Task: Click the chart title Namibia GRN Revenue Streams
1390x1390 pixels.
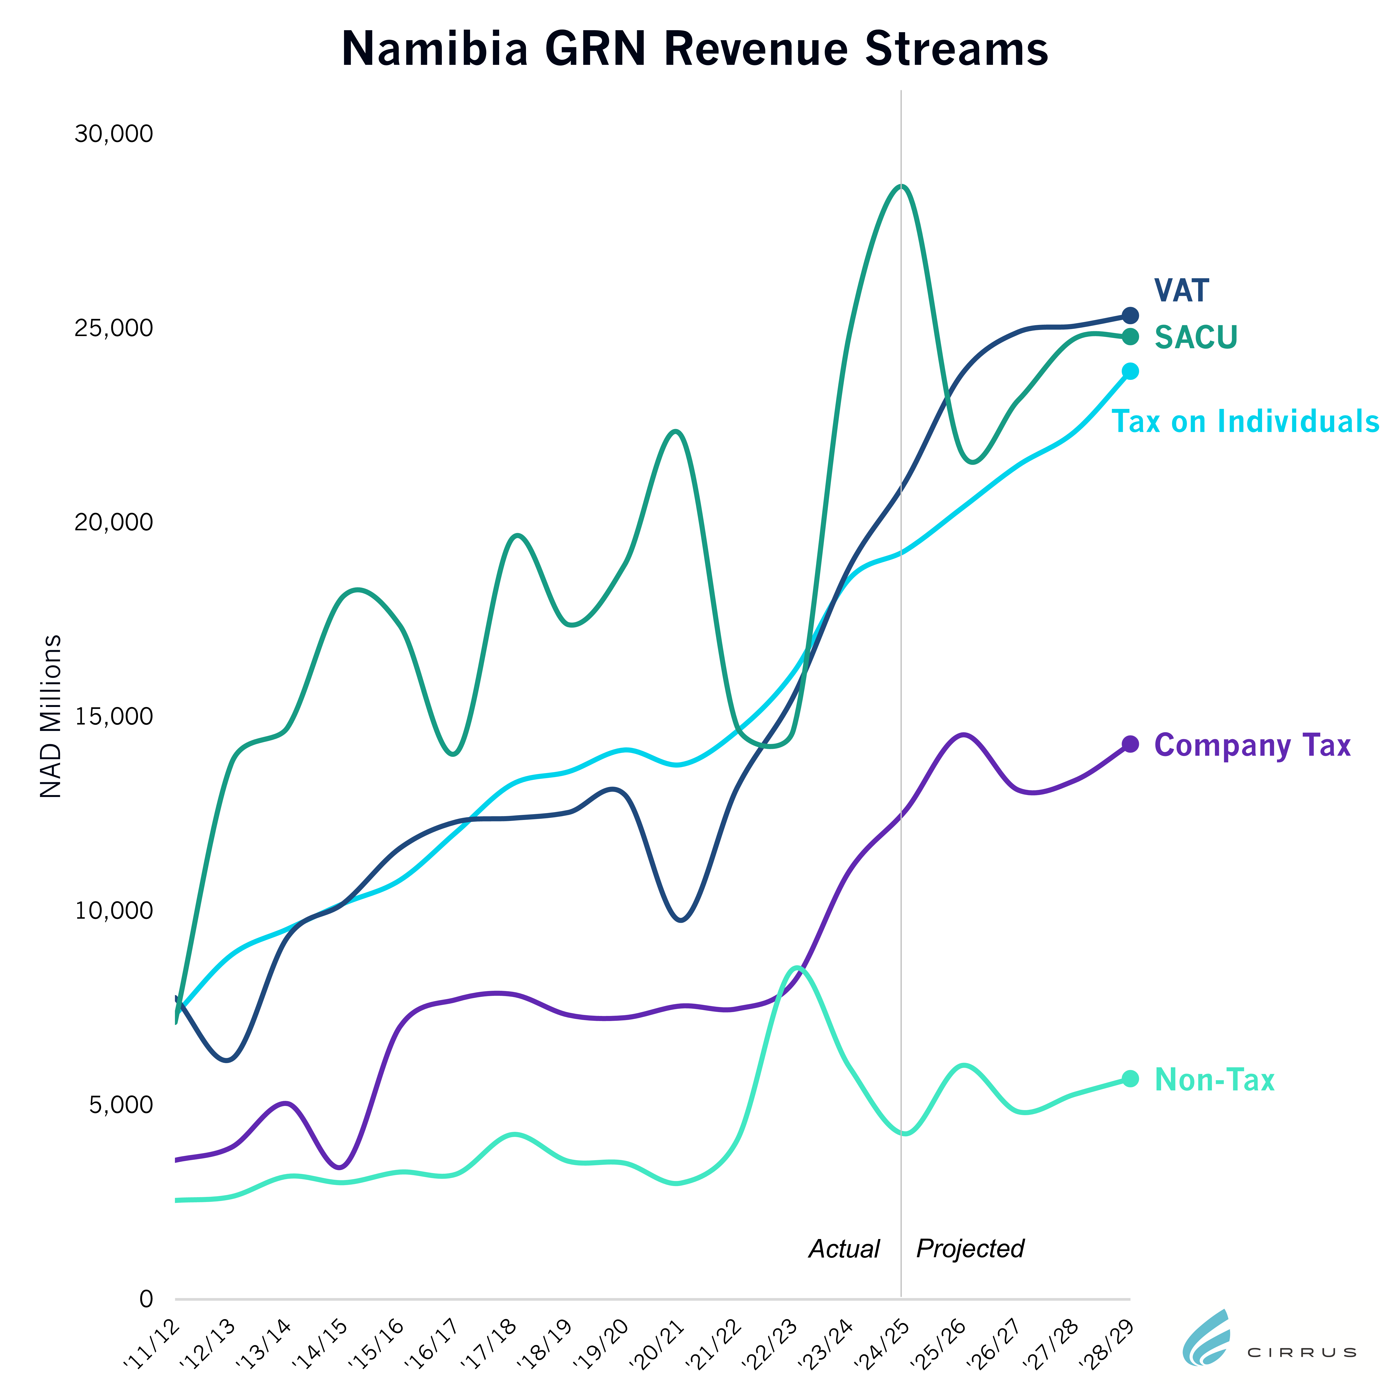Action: [694, 49]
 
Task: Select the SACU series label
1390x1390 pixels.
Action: [1196, 337]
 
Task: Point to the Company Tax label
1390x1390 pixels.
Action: [1252, 745]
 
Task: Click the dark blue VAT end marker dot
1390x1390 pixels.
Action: [1130, 315]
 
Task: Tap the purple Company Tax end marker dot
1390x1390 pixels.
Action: [1130, 744]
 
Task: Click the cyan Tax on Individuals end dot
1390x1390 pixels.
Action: [1130, 371]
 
